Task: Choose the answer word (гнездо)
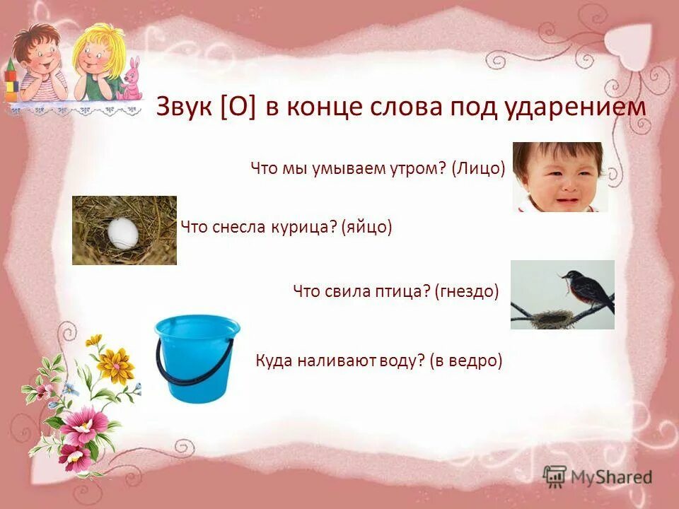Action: tap(468, 291)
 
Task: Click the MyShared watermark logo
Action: tap(598, 477)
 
